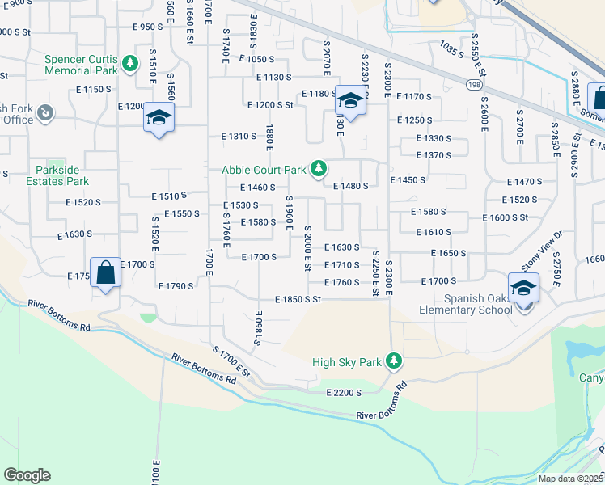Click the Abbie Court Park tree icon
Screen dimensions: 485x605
pos(320,167)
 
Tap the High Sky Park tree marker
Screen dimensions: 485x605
pos(394,361)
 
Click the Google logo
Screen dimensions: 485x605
pos(27,474)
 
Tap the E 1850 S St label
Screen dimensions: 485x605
pos(298,299)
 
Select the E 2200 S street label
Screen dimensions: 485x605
pos(343,392)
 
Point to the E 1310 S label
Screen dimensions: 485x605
pos(239,137)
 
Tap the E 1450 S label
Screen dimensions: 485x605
pos(407,180)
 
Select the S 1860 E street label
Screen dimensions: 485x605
pos(257,327)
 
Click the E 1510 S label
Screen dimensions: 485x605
pos(169,196)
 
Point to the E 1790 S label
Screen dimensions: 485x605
pos(176,286)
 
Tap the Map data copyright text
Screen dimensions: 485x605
pos(571,478)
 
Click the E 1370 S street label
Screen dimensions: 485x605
pos(433,155)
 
